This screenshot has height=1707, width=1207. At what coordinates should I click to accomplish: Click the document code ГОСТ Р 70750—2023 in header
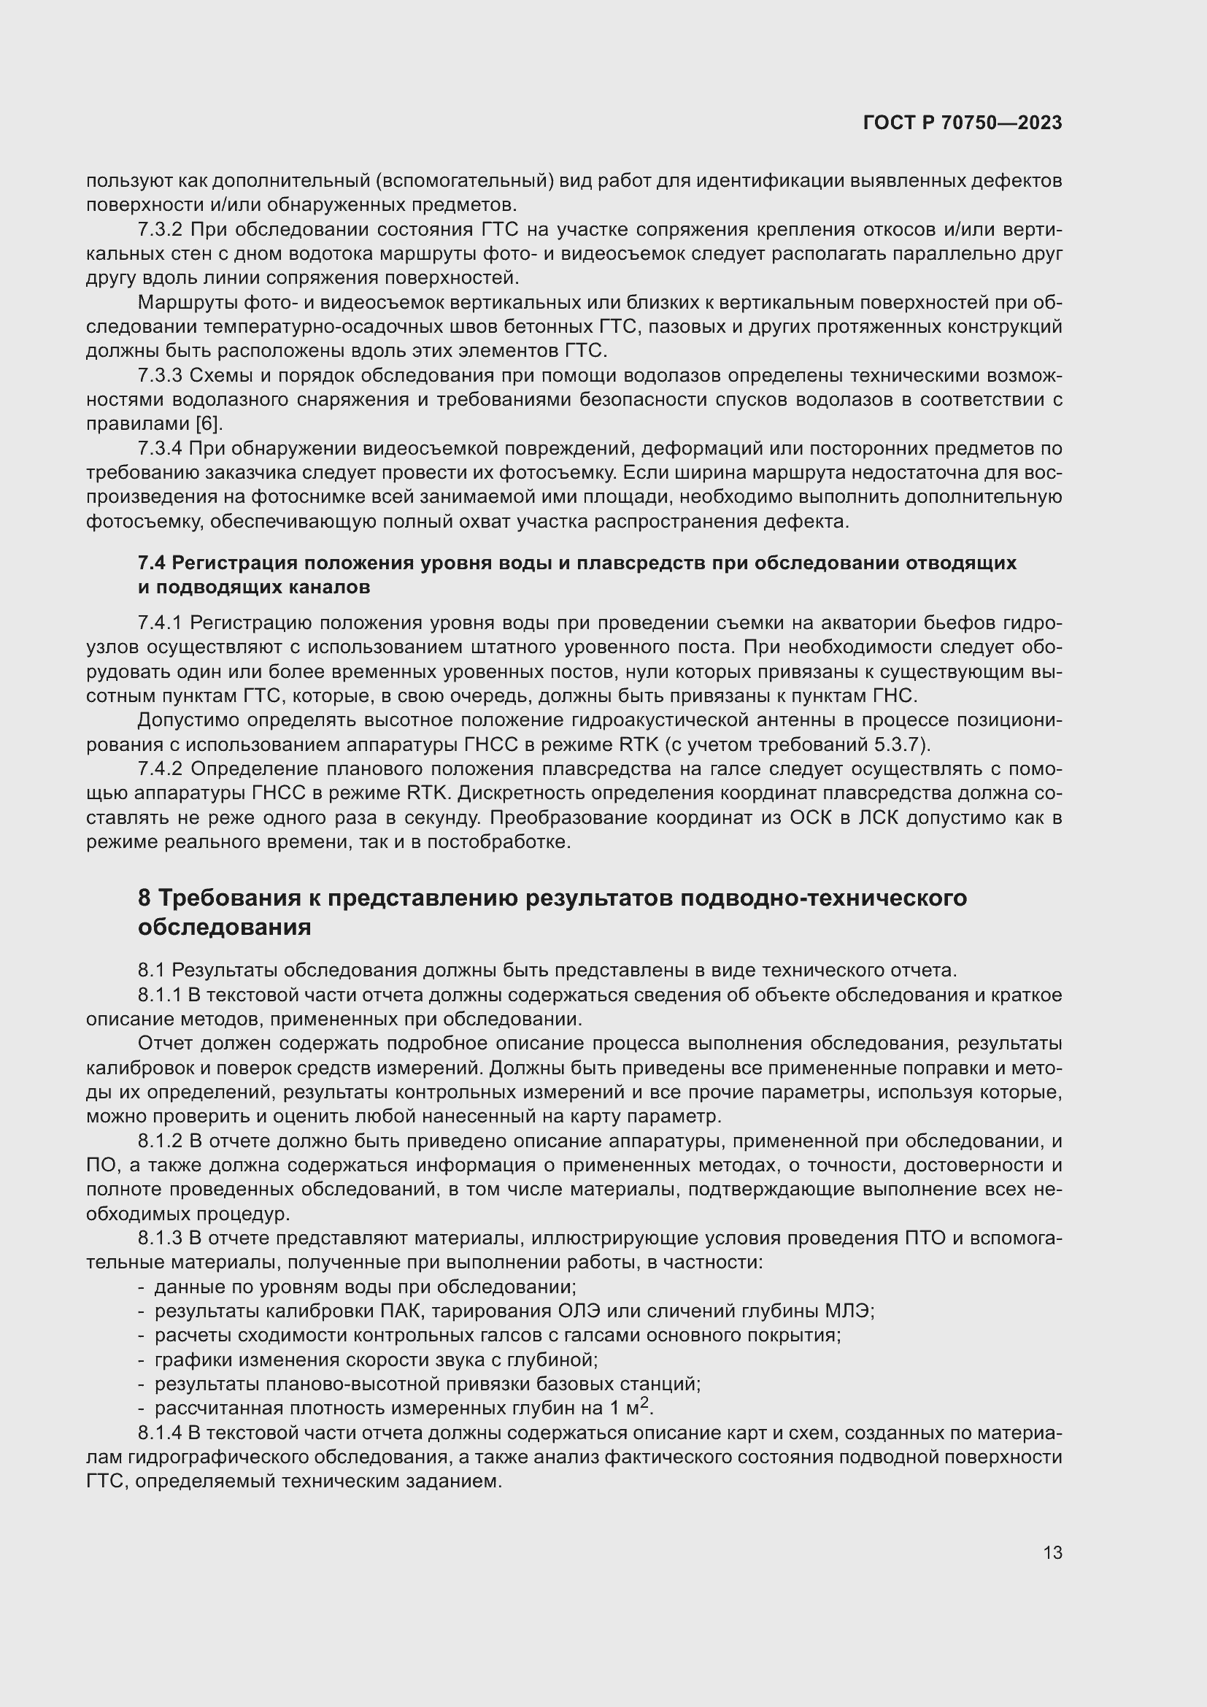(963, 123)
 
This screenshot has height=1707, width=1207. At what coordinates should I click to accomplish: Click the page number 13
(1052, 1552)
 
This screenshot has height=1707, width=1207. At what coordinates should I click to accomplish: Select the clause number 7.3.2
(161, 230)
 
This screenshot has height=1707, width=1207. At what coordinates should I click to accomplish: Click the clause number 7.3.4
(161, 449)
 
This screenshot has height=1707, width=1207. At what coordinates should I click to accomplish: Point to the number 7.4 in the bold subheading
(153, 563)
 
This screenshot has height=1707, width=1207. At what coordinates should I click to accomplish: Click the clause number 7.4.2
(161, 769)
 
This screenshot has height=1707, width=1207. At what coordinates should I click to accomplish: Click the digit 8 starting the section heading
(144, 898)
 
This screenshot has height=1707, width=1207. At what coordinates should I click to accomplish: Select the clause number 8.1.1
(161, 995)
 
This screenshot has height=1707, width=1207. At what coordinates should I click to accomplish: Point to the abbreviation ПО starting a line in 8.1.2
(99, 1165)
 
